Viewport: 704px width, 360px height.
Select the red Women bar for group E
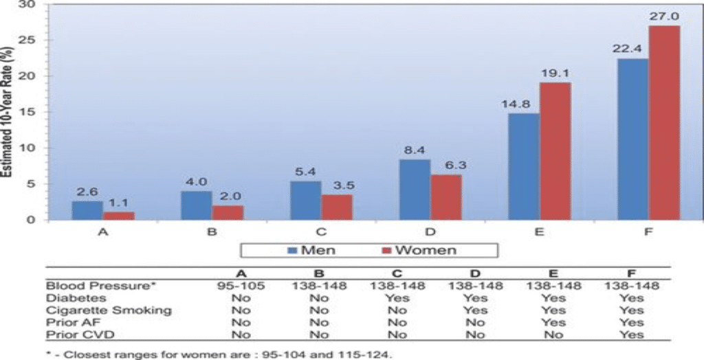pos(555,151)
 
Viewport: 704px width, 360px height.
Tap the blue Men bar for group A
pos(87,210)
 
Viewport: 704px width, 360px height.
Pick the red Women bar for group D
pos(446,197)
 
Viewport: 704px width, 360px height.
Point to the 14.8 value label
pos(523,104)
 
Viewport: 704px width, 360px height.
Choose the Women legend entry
pos(420,250)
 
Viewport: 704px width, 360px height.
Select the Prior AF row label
pos(67,322)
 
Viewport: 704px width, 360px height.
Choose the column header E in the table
pos(554,273)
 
